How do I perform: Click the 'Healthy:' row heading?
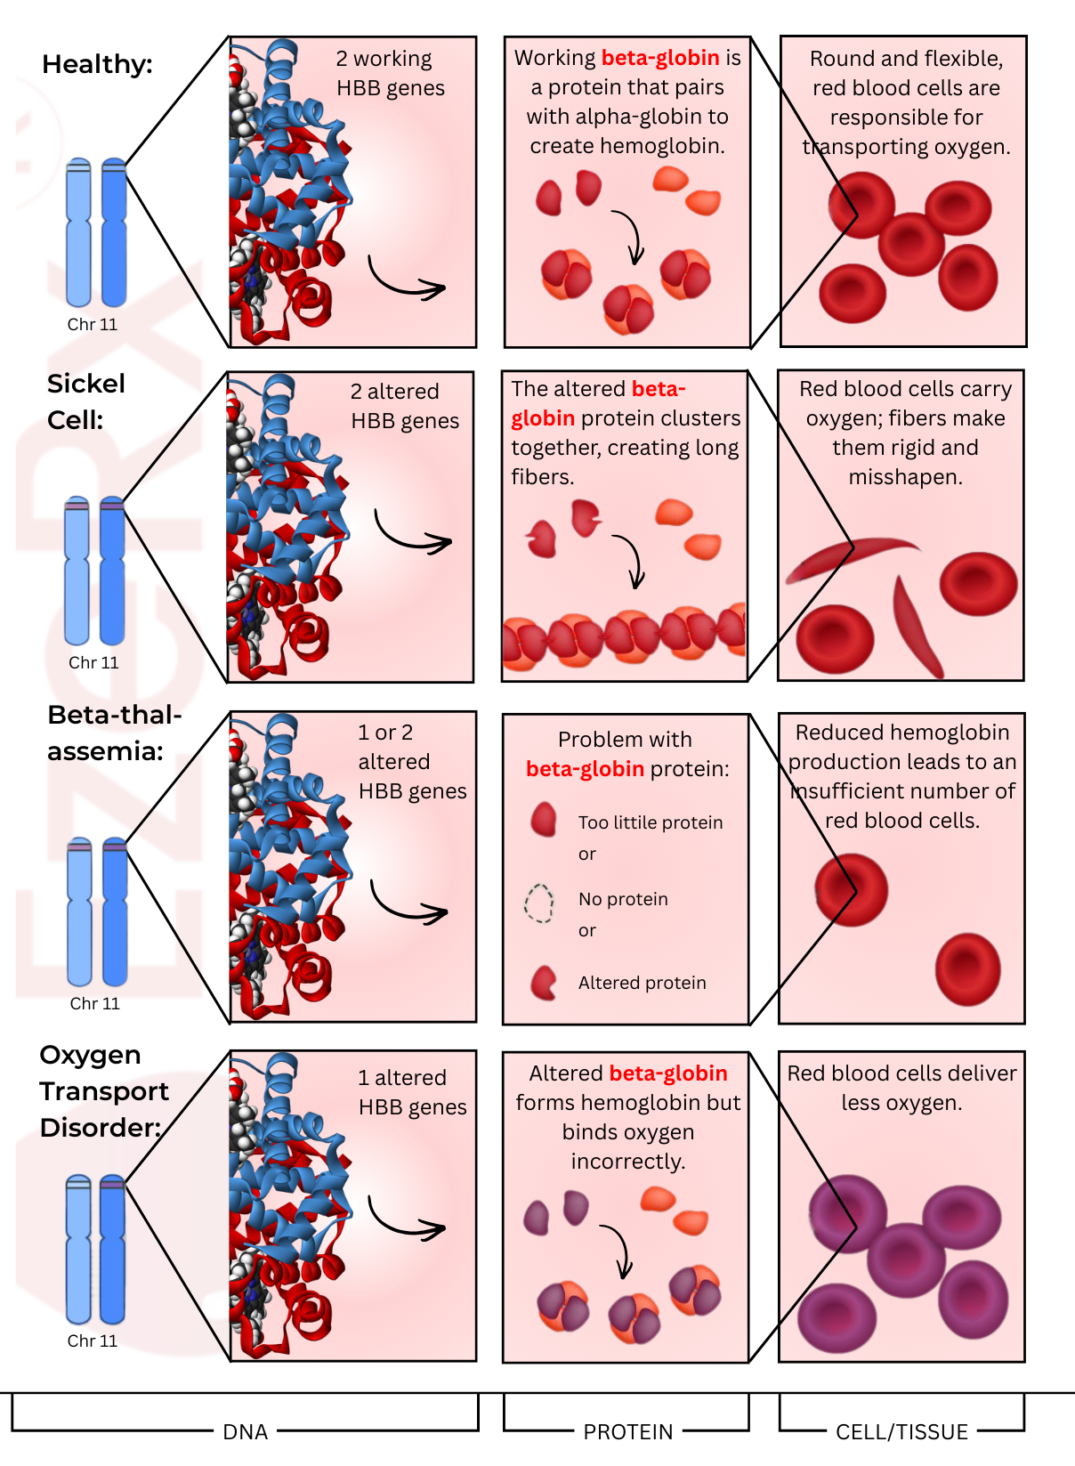(97, 64)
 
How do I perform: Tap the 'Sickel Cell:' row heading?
(85, 401)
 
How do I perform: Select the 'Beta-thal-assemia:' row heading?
(114, 733)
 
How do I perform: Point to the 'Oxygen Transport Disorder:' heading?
(103, 1090)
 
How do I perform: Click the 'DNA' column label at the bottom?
(245, 1431)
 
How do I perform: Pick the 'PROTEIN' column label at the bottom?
(627, 1431)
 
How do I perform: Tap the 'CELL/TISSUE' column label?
(901, 1431)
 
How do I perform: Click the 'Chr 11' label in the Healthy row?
(93, 324)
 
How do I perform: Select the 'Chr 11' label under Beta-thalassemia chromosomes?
(95, 1003)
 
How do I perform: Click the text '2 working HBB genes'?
(390, 73)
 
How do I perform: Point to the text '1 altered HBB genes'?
(412, 1092)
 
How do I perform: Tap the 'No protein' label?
(623, 899)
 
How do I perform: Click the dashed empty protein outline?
(539, 903)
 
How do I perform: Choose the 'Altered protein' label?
(642, 983)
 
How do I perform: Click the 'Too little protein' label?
(651, 822)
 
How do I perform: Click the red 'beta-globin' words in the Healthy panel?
(660, 58)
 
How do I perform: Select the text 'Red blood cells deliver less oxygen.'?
(901, 1088)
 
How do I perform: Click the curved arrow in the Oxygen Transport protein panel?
(618, 1251)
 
